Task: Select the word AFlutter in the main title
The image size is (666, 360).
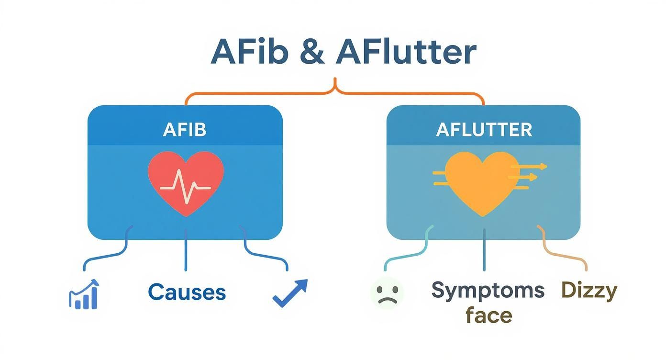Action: (x=406, y=52)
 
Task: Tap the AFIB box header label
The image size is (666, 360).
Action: (x=185, y=130)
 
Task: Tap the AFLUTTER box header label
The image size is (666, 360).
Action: (x=484, y=130)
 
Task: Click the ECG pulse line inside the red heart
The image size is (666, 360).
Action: (x=186, y=188)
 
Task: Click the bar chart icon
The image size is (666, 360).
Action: (x=84, y=294)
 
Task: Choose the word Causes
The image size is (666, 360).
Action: (x=187, y=292)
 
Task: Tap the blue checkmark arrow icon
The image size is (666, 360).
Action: (x=290, y=292)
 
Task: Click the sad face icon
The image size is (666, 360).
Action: (x=387, y=292)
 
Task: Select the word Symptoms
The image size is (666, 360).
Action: (x=488, y=290)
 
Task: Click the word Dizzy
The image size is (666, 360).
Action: (x=589, y=290)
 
